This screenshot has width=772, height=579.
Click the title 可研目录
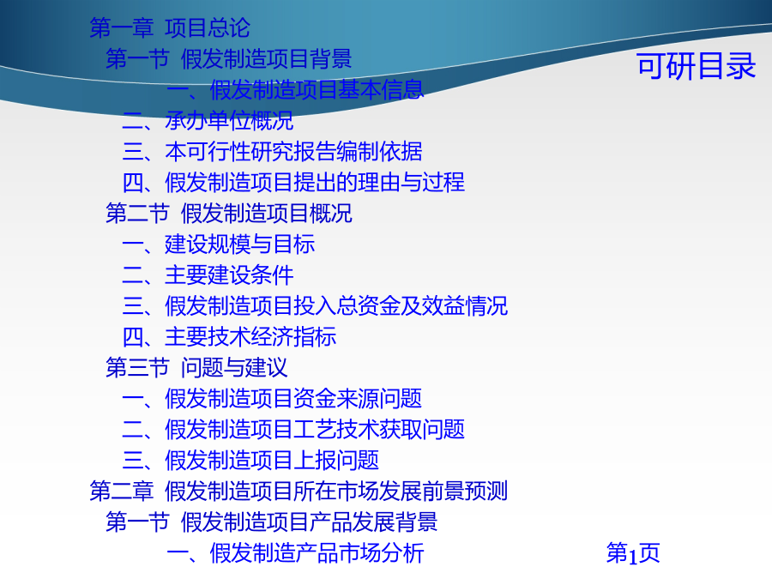(x=697, y=66)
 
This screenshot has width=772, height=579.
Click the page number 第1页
(x=633, y=553)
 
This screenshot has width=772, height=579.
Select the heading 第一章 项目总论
(x=170, y=27)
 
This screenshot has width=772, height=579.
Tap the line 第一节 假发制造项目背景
(x=229, y=58)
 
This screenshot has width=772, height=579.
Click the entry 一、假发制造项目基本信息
(x=295, y=89)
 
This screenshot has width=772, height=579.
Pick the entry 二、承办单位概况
(x=208, y=121)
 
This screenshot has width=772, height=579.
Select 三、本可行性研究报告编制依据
(x=272, y=152)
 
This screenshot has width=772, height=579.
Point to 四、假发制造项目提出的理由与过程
(x=293, y=183)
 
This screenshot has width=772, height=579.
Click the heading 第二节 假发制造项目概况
(x=229, y=214)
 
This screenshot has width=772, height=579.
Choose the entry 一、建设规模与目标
(x=219, y=244)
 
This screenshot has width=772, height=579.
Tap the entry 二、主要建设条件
(x=208, y=275)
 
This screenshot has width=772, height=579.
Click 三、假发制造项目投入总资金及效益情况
(x=315, y=306)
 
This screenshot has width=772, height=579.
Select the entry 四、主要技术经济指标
(x=229, y=337)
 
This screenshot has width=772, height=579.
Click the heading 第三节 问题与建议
(x=197, y=368)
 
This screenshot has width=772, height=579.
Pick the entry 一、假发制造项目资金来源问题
(x=272, y=399)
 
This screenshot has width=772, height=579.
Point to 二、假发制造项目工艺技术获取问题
(x=293, y=430)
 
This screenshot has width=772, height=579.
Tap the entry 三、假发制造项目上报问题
(x=250, y=461)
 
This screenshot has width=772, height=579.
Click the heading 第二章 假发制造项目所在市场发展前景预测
(x=299, y=492)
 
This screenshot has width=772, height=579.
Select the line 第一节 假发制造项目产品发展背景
(x=272, y=522)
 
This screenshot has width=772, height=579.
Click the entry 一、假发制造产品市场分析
(x=295, y=553)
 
